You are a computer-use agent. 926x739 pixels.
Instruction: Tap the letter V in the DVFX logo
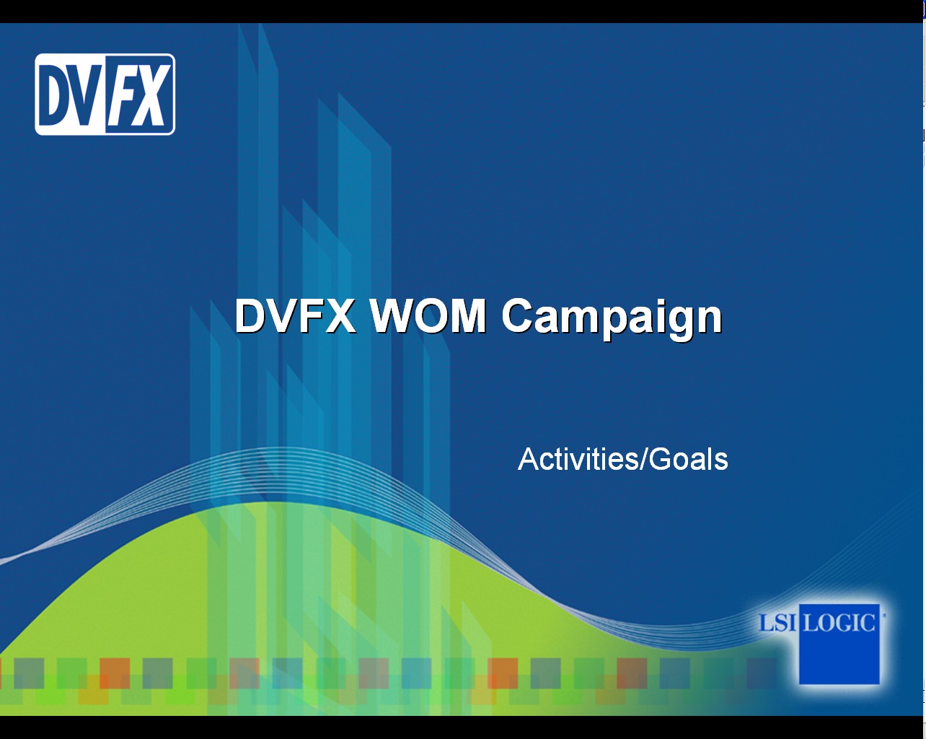pyautogui.click(x=88, y=95)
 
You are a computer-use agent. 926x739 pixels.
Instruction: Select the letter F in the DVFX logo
pyautogui.click(x=122, y=95)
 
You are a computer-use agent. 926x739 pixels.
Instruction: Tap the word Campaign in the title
pyautogui.click(x=612, y=320)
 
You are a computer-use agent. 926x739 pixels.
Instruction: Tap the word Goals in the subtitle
pyautogui.click(x=689, y=459)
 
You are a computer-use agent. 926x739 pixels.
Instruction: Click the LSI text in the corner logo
pyautogui.click(x=777, y=623)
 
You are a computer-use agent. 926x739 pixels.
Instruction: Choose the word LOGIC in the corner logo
pyautogui.click(x=839, y=623)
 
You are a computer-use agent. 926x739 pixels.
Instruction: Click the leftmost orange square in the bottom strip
pyautogui.click(x=115, y=673)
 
